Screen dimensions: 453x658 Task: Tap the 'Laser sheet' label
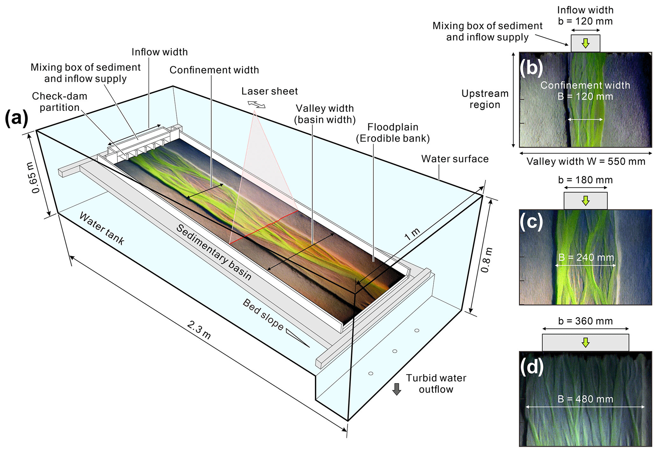pyautogui.click(x=269, y=91)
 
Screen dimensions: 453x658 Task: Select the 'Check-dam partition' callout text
pyautogui.click(x=60, y=102)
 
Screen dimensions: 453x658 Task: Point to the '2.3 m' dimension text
pyautogui.click(x=199, y=330)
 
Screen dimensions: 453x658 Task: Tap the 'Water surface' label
pyautogui.click(x=455, y=159)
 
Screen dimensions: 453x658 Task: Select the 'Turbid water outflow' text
pyautogui.click(x=436, y=384)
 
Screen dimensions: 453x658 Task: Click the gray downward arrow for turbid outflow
pyautogui.click(x=397, y=389)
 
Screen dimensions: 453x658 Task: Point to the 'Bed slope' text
pyautogui.click(x=263, y=315)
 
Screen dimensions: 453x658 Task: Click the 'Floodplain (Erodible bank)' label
pyautogui.click(x=393, y=133)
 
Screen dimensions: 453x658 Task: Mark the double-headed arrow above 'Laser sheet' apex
pyautogui.click(x=257, y=104)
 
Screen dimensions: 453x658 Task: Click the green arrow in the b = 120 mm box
pyautogui.click(x=585, y=43)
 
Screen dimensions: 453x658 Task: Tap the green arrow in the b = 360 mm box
pyautogui.click(x=585, y=342)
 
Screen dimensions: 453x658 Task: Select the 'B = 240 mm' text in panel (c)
pyautogui.click(x=586, y=257)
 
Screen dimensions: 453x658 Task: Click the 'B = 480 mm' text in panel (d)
pyautogui.click(x=585, y=399)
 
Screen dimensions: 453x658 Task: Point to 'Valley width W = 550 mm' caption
pyautogui.click(x=586, y=162)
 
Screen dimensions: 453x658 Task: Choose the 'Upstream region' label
pyautogui.click(x=485, y=99)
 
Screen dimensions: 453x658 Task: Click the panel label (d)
pyautogui.click(x=531, y=367)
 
